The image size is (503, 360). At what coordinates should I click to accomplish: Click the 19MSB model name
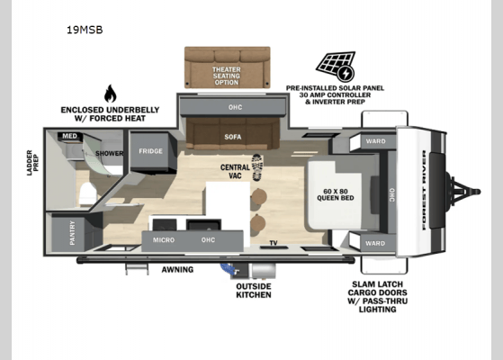[85, 29]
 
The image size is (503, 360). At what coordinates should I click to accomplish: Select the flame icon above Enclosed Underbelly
[110, 94]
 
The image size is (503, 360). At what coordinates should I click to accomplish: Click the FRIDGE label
[150, 151]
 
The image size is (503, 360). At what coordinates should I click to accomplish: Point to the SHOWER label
[110, 153]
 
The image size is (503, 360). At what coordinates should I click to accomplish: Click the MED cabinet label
[68, 137]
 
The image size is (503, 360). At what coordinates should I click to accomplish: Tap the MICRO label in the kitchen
[164, 239]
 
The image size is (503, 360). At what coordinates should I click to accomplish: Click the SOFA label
[234, 138]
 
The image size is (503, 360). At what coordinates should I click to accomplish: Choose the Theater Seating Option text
[227, 75]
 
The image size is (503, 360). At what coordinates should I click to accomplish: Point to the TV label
[274, 243]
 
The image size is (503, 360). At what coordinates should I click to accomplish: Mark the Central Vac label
[235, 171]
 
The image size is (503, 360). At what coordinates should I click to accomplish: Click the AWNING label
[177, 269]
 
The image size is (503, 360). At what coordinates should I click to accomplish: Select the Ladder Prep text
[30, 165]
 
